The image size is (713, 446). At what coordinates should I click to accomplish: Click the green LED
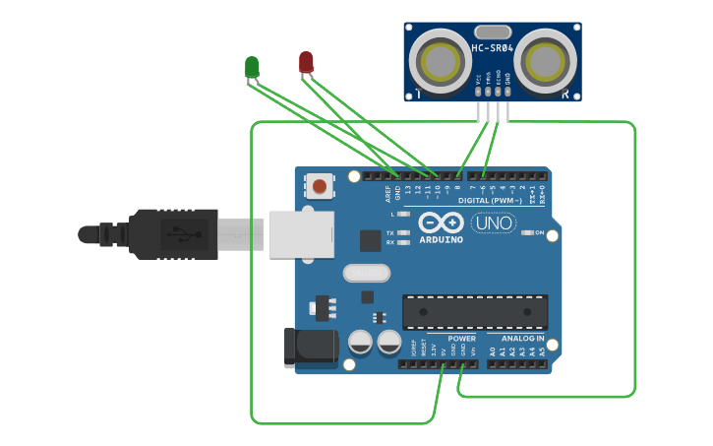[x=252, y=67]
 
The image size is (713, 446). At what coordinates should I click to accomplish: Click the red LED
[x=306, y=62]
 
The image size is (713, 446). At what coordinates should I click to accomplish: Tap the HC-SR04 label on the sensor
[x=492, y=47]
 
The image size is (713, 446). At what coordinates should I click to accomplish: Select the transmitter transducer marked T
[x=439, y=61]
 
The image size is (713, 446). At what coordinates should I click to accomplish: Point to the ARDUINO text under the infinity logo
[x=441, y=239]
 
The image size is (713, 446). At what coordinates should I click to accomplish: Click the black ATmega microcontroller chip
[x=475, y=312]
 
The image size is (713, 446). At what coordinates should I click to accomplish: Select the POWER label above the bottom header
[x=462, y=338]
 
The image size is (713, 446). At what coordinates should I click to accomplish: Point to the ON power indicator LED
[x=527, y=232]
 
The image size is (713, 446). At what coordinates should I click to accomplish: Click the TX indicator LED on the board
[x=403, y=232]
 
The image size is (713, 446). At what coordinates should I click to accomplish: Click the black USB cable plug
[x=173, y=234]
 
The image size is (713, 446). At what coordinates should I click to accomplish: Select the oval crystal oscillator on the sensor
[x=492, y=32]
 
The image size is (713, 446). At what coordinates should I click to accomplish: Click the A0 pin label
[x=493, y=350]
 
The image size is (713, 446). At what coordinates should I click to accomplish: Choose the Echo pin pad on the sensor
[x=498, y=92]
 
